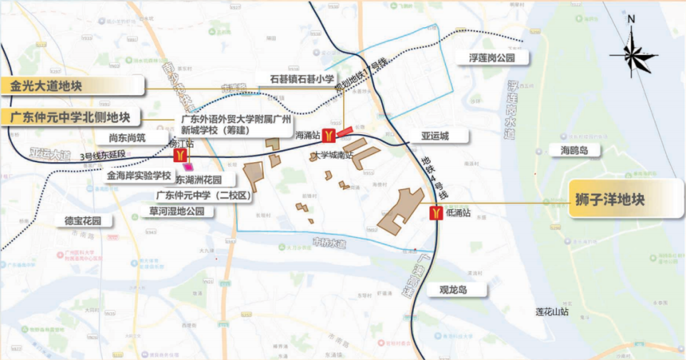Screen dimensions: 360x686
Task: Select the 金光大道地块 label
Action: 47,86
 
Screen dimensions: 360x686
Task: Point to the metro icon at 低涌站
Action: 435,213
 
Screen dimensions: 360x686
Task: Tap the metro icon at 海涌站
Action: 328,134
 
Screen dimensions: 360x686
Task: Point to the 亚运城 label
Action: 434,136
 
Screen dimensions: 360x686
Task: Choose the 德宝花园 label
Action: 84,220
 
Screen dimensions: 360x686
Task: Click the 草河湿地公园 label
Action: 177,211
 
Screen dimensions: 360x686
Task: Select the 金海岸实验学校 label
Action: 139,175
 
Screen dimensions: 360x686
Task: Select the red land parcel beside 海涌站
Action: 344,131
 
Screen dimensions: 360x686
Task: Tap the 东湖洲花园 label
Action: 199,180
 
